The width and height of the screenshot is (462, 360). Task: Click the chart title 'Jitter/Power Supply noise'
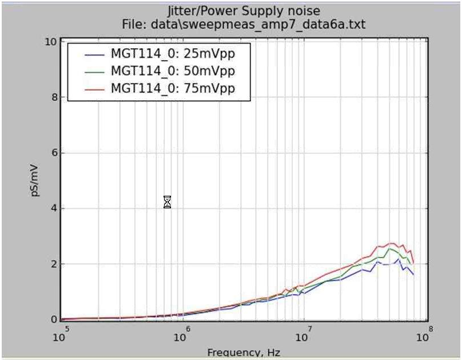(x=243, y=11)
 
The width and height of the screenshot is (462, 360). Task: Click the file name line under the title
(x=243, y=24)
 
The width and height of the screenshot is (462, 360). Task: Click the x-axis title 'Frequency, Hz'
(x=244, y=353)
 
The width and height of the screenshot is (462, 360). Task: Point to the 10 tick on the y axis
(x=50, y=42)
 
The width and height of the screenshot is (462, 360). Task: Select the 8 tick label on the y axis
(x=52, y=97)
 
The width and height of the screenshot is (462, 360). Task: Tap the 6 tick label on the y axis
(x=52, y=153)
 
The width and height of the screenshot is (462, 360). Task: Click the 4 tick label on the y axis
(x=52, y=208)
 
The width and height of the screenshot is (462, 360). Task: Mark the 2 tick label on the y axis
(x=52, y=264)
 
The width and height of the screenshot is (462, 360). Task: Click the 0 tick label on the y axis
(x=52, y=319)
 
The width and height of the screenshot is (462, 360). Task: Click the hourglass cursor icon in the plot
(x=167, y=202)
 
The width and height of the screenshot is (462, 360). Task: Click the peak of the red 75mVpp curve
(x=391, y=243)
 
